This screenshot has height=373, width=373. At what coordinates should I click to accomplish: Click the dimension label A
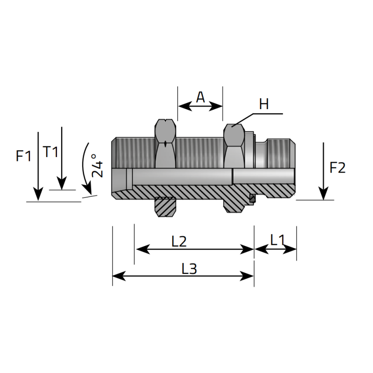[x=200, y=97]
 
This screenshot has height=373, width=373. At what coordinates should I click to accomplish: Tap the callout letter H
[x=264, y=104]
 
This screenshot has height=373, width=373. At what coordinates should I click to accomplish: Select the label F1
[x=23, y=156]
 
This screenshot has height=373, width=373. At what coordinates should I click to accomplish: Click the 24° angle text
[x=97, y=166]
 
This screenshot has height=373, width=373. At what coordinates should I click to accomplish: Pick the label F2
[x=338, y=167]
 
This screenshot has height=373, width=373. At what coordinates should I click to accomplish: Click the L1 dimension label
[x=277, y=240]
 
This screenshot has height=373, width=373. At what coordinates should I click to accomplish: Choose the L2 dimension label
[x=179, y=241]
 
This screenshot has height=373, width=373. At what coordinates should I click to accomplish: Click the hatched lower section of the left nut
[x=166, y=206]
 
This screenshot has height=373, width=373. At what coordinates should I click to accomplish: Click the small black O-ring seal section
[x=253, y=199]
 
